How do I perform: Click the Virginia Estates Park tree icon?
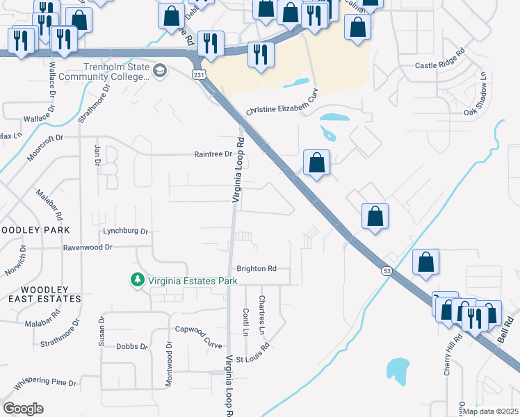tap(138, 280)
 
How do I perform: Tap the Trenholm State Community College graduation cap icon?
tap(161, 71)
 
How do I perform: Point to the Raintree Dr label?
tap(213, 154)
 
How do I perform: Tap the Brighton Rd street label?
tap(257, 268)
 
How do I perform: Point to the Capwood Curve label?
tap(199, 336)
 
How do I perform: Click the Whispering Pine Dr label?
tap(44, 382)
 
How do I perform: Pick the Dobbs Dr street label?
tap(132, 346)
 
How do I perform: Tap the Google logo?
tap(24, 408)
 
